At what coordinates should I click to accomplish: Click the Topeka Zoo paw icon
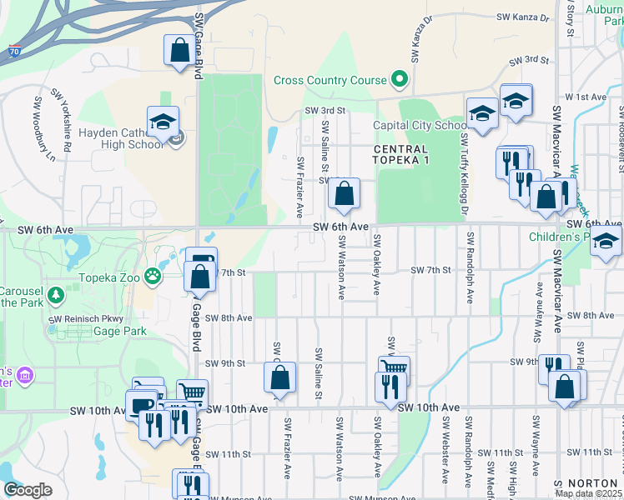coord(153,276)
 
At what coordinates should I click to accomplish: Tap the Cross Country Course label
coord(330,81)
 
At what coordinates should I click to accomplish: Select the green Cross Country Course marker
coord(399,81)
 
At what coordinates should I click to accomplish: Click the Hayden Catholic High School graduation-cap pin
coord(163,122)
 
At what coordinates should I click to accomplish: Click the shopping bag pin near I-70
coord(179,51)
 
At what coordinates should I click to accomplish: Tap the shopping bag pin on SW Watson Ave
coord(344,195)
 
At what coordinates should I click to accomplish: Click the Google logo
coord(28,490)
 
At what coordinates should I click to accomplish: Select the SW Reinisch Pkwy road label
coord(86,318)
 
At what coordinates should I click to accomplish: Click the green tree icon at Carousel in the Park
coord(56,295)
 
